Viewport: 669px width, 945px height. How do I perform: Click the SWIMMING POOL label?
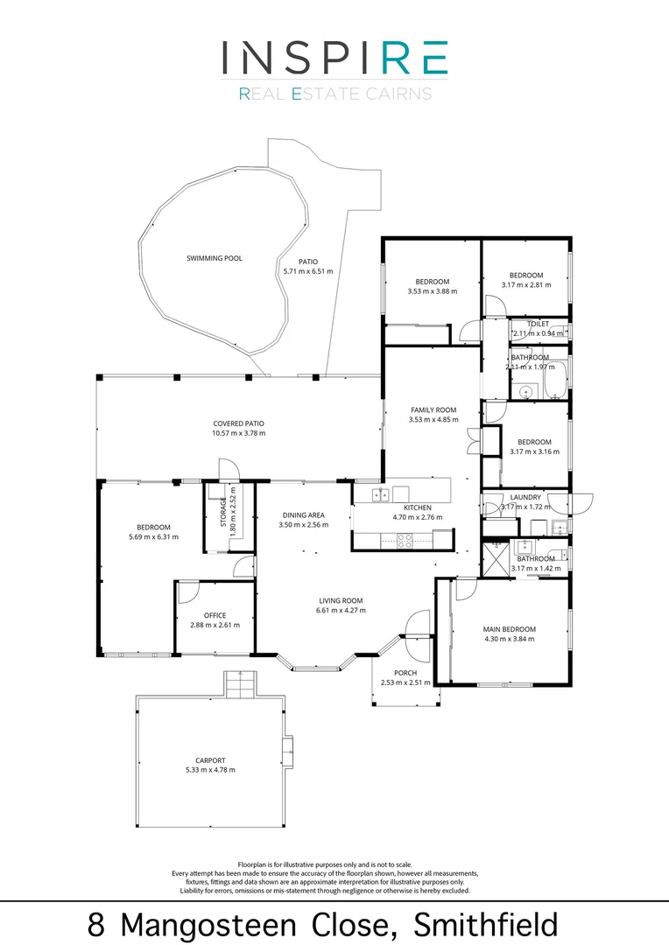click(x=214, y=258)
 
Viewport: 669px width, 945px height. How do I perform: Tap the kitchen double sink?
click(x=381, y=495)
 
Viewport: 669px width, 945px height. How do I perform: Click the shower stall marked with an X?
click(x=496, y=557)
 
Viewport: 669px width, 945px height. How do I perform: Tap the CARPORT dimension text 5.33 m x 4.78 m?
click(x=210, y=770)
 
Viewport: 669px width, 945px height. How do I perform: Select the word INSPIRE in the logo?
click(x=334, y=57)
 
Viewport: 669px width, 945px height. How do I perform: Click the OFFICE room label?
click(x=215, y=615)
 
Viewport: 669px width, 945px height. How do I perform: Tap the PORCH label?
click(x=405, y=672)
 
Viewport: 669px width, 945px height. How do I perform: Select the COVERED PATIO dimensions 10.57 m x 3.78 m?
click(x=238, y=433)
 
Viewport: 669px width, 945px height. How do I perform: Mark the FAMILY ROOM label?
click(x=433, y=409)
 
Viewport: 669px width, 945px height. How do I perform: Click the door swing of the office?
click(x=187, y=592)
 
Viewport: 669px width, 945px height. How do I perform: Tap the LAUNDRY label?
click(x=525, y=497)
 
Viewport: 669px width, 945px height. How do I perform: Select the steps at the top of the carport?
click(x=238, y=683)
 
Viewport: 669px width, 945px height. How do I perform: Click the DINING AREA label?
click(x=304, y=514)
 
